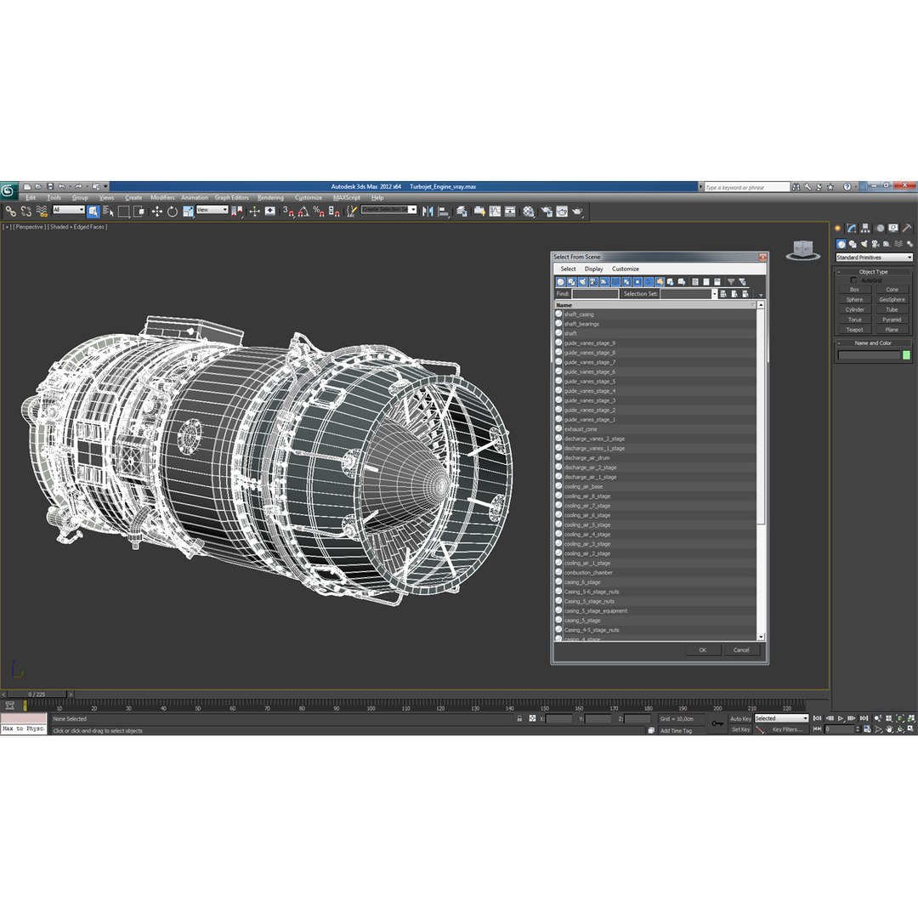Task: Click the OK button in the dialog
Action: pyautogui.click(x=702, y=650)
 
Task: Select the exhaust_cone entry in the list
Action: pyautogui.click(x=581, y=429)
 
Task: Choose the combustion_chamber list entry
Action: pyautogui.click(x=588, y=572)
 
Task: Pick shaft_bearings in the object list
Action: pyautogui.click(x=581, y=324)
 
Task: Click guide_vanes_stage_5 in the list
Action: pyautogui.click(x=590, y=382)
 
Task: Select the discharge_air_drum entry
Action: pyautogui.click(x=586, y=458)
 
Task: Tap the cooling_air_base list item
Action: pyautogui.click(x=583, y=486)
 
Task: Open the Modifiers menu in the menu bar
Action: pyautogui.click(x=162, y=197)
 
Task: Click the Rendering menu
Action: pyautogui.click(x=270, y=197)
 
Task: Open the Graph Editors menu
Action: pyautogui.click(x=231, y=197)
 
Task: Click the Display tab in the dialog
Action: pyautogui.click(x=593, y=269)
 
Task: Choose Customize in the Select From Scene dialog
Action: pyautogui.click(x=626, y=269)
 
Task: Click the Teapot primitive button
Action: pyautogui.click(x=854, y=330)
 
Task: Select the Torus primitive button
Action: pyautogui.click(x=854, y=320)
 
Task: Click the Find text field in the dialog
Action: pyautogui.click(x=595, y=294)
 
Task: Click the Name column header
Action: pyautogui.click(x=564, y=304)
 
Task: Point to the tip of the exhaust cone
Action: pyautogui.click(x=441, y=485)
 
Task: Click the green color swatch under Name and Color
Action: pyautogui.click(x=906, y=355)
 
